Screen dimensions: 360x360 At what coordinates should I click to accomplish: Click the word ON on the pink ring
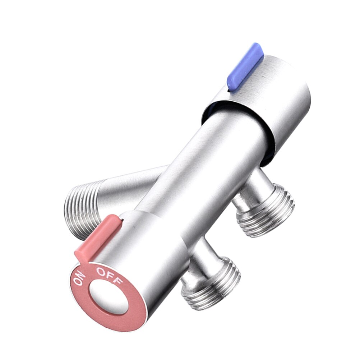(80, 278)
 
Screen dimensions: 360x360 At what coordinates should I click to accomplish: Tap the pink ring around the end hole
(133, 313)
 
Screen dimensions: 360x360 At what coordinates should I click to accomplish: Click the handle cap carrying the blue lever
(284, 104)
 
